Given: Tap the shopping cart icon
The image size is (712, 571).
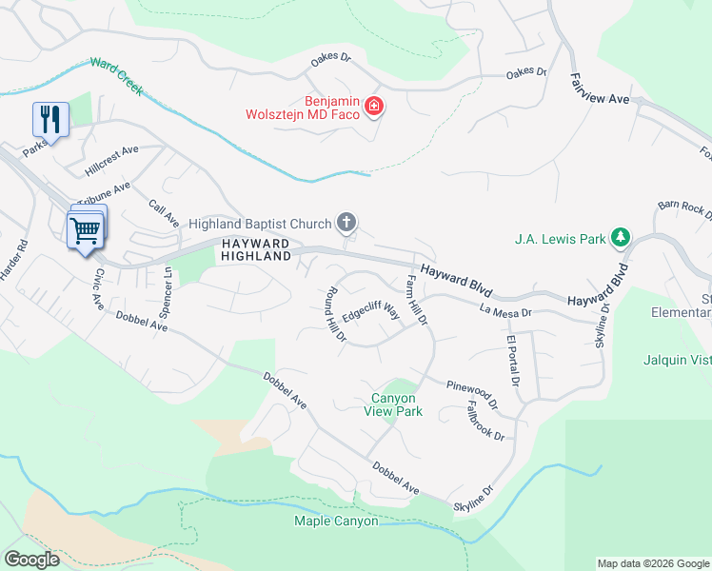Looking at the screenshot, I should (86, 229).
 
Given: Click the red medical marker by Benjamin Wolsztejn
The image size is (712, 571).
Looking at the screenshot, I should (374, 106).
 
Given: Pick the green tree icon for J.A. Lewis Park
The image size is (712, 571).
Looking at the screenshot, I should (621, 237).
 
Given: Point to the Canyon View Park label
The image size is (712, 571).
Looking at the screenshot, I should (393, 404).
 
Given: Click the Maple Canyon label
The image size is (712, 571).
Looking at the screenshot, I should (336, 521).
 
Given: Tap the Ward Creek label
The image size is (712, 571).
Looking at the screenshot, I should (116, 76).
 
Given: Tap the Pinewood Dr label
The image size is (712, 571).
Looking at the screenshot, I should (472, 392).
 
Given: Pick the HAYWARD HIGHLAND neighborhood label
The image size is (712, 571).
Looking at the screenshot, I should (255, 250).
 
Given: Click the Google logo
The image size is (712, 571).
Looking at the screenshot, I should (32, 560).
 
